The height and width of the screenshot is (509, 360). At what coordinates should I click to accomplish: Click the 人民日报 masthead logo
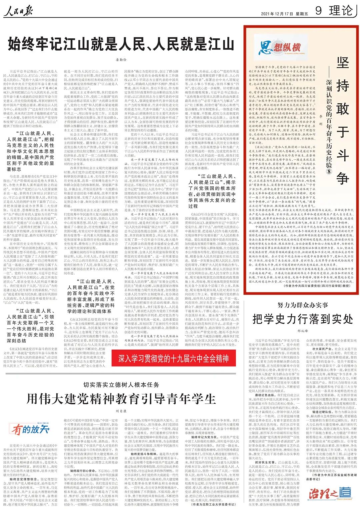19,12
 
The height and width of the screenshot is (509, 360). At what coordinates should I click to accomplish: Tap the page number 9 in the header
319,11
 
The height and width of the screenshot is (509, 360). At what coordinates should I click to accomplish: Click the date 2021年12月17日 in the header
277,14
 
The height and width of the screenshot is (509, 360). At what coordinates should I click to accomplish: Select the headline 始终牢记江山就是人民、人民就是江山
121,44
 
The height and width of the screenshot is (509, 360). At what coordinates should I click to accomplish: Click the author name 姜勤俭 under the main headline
121,60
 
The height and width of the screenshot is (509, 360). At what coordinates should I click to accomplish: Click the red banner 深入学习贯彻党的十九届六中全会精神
174,359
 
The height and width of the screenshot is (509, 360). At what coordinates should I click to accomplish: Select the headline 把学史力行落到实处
303,319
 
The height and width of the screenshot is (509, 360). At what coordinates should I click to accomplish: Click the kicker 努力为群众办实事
303,305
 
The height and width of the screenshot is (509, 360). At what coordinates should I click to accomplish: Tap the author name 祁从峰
302,331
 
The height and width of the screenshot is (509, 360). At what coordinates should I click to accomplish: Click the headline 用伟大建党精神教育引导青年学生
121,399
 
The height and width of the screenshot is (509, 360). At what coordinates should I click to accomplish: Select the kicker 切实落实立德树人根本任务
121,385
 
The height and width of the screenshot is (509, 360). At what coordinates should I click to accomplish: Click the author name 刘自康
121,411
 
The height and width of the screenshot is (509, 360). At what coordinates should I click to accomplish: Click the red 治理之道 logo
330,493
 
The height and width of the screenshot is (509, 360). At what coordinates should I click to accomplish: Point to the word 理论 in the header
341,11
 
